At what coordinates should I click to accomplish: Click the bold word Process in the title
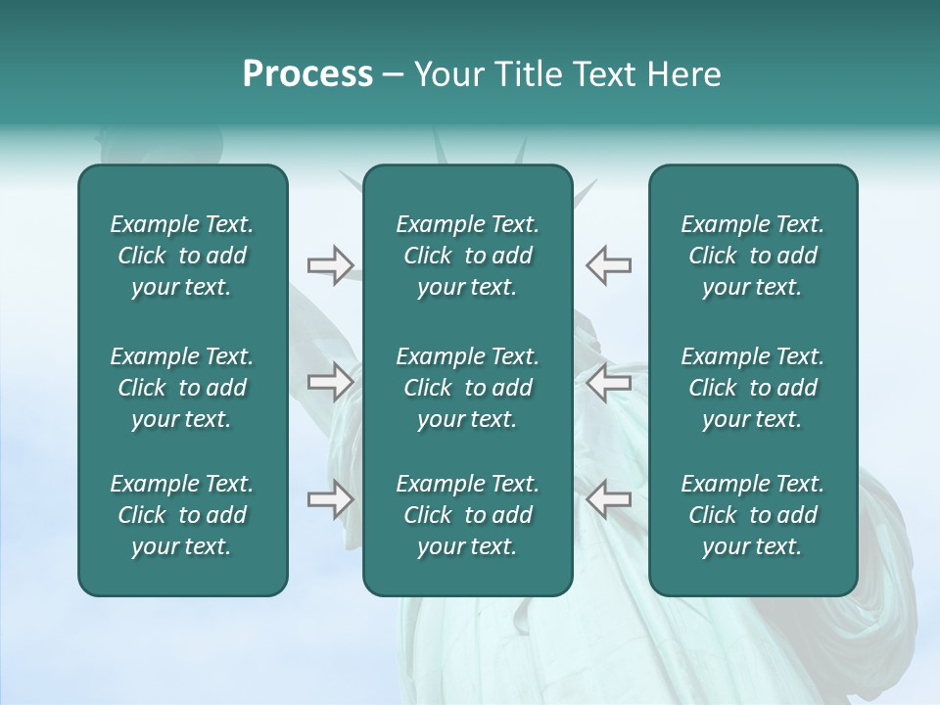[x=307, y=74]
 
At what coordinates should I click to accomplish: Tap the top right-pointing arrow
[x=330, y=265]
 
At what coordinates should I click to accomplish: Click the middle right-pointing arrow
[x=330, y=382]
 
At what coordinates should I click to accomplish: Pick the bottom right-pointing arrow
[x=330, y=499]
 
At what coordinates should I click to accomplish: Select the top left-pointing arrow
[x=609, y=265]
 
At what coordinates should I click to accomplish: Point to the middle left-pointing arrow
[x=609, y=382]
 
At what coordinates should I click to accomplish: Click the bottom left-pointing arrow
[x=609, y=499]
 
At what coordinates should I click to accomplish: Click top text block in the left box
[x=182, y=256]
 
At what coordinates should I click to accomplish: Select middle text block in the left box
[x=182, y=388]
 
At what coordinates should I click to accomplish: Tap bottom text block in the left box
[x=182, y=515]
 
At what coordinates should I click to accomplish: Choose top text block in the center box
[x=467, y=256]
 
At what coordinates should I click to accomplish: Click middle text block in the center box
[x=467, y=388]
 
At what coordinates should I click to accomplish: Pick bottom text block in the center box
[x=467, y=515]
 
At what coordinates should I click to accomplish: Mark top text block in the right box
[x=752, y=256]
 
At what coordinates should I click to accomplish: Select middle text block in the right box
[x=752, y=388]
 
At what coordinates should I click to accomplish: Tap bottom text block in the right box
[x=752, y=515]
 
